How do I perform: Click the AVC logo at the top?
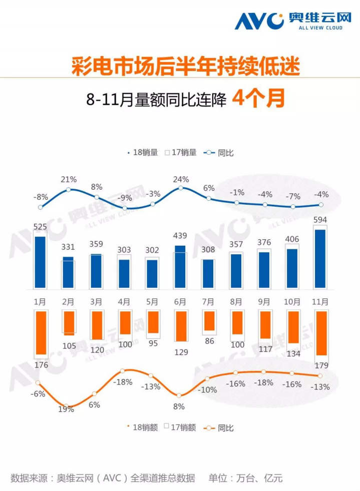click(x=289, y=21)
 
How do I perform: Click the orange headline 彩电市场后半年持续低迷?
click(x=180, y=67)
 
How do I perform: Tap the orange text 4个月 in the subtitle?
click(x=259, y=98)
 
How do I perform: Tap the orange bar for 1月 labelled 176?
click(x=40, y=332)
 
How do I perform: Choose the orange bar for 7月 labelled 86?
click(x=208, y=321)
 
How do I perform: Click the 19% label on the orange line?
click(x=66, y=409)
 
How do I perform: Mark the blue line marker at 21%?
click(x=69, y=190)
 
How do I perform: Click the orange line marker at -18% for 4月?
click(x=123, y=371)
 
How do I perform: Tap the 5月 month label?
click(x=152, y=302)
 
